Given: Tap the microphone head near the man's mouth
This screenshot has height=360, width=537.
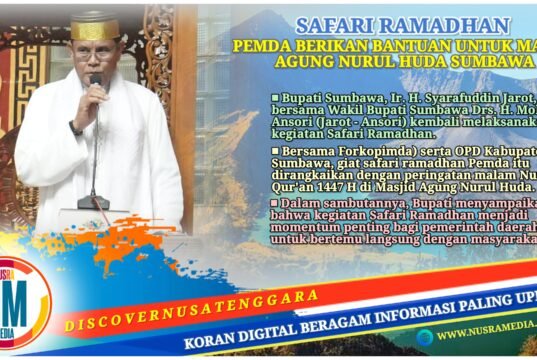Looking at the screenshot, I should [x=96, y=80].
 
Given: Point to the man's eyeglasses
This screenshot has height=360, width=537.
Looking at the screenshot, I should [x=95, y=56].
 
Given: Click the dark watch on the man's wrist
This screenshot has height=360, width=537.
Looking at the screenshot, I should [x=75, y=127].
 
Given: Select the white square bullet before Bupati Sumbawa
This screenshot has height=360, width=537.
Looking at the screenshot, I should [x=274, y=99].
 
